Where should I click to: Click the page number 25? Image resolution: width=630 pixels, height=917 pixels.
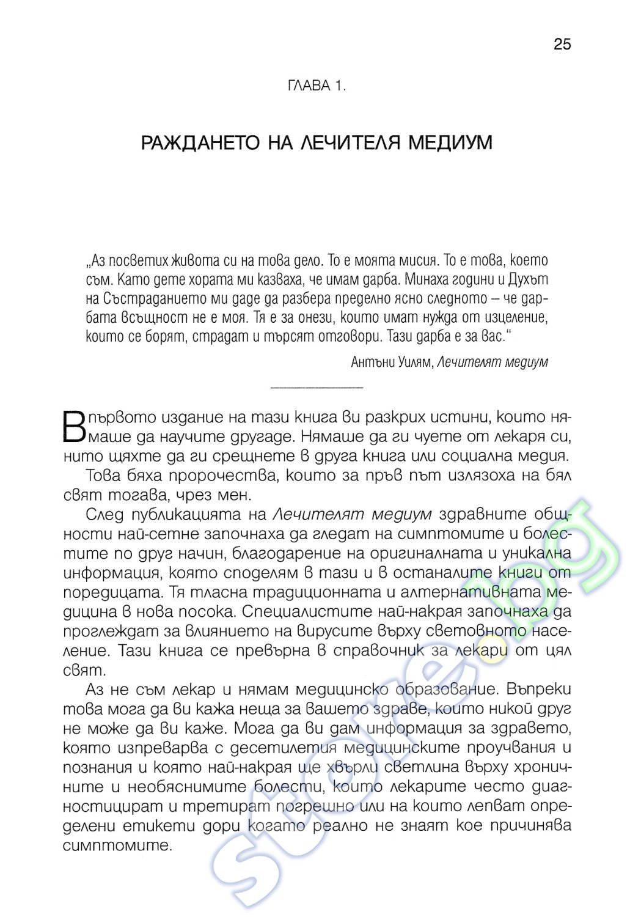coord(562,44)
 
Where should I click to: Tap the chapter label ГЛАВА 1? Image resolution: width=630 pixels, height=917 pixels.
coord(316,86)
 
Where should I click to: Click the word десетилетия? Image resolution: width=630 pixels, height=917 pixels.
coord(286,748)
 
